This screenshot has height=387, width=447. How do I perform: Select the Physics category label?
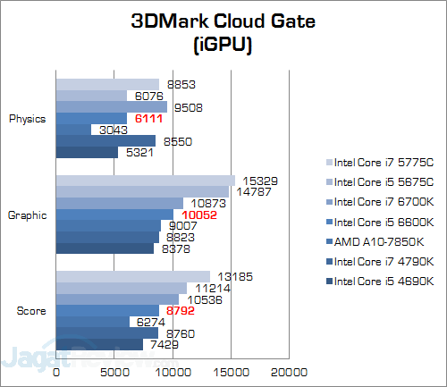tap(27, 118)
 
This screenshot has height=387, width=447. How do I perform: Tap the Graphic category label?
tap(27, 215)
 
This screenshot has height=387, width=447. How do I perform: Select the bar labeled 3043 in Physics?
tap(74, 130)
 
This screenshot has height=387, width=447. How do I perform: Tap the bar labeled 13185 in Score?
tap(133, 276)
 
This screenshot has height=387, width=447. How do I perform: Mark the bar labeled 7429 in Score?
tap(99, 344)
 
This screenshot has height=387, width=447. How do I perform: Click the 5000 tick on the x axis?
tap(114, 371)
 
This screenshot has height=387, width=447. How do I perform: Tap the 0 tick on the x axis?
tap(56, 371)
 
